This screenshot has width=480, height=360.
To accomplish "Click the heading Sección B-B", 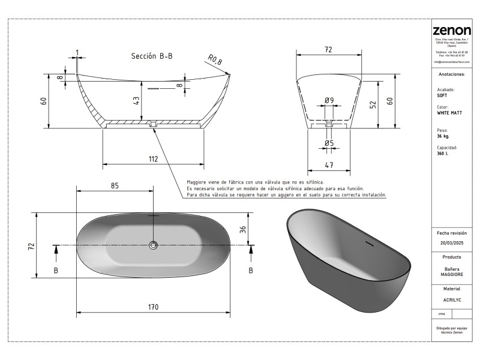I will (x=152, y=56).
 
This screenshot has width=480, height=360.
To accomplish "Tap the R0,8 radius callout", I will (x=215, y=59).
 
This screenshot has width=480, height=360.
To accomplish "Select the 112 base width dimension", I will (x=153, y=159).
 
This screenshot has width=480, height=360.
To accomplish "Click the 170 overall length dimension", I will (x=153, y=307).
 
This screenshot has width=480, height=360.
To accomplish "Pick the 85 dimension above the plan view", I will (x=115, y=185).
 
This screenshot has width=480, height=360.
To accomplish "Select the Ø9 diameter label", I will (x=329, y=100).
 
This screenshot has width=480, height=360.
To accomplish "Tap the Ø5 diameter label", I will (x=329, y=143).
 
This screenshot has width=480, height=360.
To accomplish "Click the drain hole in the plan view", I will (x=153, y=245).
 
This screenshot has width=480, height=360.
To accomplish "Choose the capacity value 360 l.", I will (x=443, y=154).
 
